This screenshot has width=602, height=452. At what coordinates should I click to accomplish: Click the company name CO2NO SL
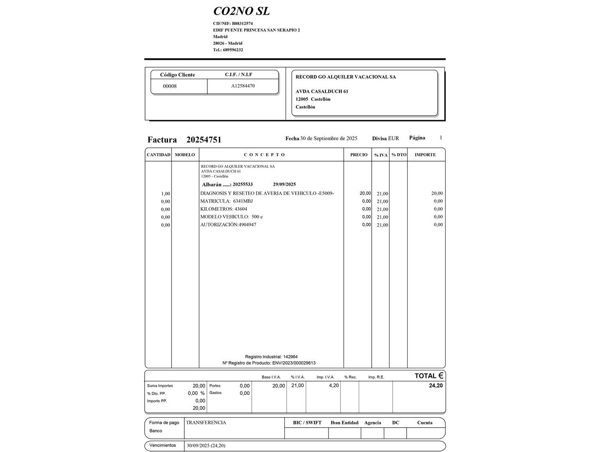241,11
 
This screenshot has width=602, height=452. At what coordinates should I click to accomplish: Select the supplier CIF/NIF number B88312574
242,23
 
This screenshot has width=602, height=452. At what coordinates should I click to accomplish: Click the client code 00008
170,86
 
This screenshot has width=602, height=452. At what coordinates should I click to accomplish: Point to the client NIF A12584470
243,86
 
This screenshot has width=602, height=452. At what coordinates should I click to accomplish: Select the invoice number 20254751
204,140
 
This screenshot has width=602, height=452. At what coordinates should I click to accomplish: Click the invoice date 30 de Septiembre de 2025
329,139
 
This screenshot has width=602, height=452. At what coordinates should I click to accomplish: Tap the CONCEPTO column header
264,155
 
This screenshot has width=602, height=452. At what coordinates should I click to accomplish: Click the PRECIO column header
359,155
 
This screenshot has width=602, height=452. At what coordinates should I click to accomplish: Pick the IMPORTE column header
425,155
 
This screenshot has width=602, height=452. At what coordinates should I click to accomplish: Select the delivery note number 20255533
242,185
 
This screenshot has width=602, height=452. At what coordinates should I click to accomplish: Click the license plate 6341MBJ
243,201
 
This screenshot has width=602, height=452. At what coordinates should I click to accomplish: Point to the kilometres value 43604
241,209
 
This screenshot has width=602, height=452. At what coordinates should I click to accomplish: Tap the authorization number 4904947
247,225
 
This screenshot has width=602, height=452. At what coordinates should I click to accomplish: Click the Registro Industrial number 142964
290,357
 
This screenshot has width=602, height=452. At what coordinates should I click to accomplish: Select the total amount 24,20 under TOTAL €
436,385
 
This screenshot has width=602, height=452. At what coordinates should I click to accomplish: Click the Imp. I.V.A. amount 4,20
334,385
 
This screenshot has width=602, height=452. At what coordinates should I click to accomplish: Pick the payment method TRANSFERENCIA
206,423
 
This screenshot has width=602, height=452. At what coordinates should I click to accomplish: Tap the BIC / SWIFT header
307,423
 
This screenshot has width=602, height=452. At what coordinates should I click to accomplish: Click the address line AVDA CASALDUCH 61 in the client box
322,92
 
